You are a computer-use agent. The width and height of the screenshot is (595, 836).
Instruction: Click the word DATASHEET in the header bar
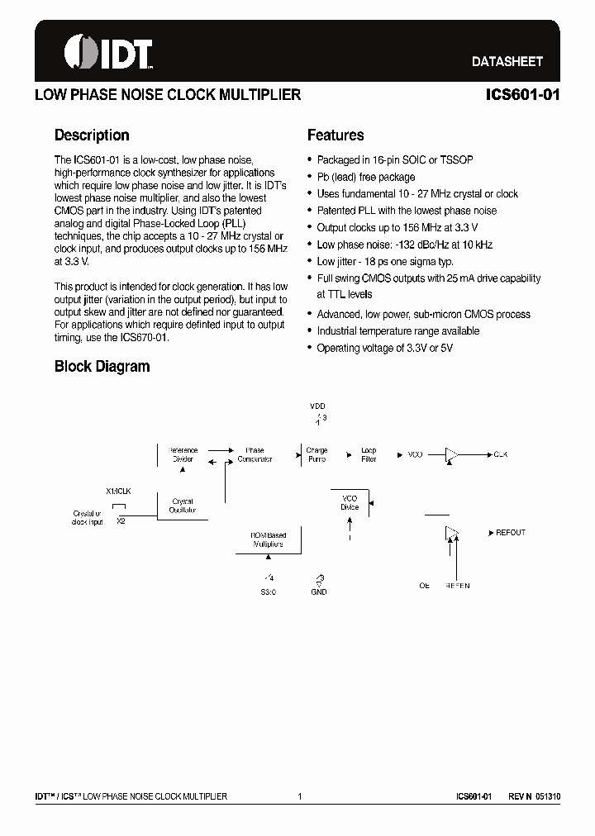[x=507, y=62]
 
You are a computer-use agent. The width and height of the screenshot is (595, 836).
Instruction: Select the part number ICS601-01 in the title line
[x=523, y=94]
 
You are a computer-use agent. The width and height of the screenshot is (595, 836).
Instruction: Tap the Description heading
[x=92, y=135]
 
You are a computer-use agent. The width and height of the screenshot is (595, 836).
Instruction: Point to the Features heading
[x=336, y=135]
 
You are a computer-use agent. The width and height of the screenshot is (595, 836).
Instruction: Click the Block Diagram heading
[x=102, y=366]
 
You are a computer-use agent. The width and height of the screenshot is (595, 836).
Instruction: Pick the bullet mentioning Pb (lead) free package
[x=366, y=177]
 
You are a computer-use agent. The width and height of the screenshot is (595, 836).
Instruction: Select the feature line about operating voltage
[x=384, y=348]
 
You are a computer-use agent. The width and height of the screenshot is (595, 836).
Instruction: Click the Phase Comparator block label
[x=255, y=454]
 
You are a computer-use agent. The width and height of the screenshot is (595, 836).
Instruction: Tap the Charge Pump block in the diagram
[x=317, y=454]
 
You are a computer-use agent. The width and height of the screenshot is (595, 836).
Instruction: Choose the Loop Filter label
[x=369, y=454]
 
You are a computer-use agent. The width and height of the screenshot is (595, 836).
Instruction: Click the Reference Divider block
[x=183, y=454]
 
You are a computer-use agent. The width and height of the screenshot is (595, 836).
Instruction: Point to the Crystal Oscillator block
[x=183, y=506]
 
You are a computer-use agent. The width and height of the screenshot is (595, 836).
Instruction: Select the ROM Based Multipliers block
[x=269, y=540]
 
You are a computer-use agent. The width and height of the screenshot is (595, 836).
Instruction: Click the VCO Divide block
[x=350, y=502]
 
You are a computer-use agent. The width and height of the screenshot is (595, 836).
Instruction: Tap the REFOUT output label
[x=510, y=533]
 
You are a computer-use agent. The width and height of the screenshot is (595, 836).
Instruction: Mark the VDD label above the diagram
[x=317, y=406]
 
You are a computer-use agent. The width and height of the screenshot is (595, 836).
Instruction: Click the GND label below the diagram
[x=319, y=591]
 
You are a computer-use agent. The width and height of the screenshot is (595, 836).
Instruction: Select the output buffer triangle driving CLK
[x=453, y=454]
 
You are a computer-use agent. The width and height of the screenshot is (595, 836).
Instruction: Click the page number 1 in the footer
[x=300, y=796]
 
